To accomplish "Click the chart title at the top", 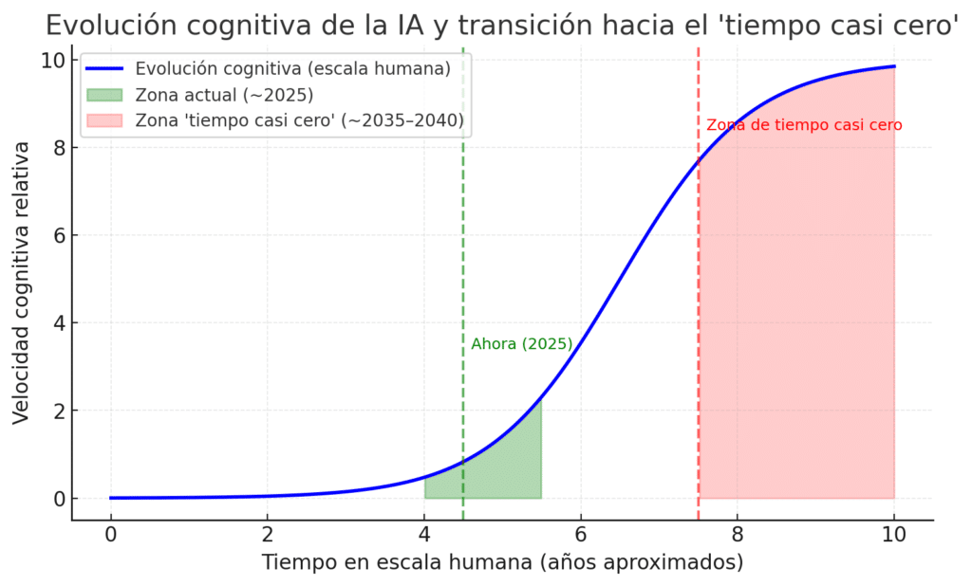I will coord(502,25).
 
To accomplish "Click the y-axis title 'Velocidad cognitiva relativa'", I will coord(21,282).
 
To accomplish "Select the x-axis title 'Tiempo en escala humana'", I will coord(502,561).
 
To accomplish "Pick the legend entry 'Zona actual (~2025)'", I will coord(224,94).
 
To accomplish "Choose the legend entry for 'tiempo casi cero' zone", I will coord(299,120).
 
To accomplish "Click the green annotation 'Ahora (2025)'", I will coord(522,344).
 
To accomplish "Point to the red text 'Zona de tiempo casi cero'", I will coord(804,125).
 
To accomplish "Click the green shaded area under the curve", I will coord(503,469).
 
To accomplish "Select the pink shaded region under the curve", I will coord(807,332).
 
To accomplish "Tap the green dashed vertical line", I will coord(463,237).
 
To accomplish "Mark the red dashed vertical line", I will coord(699,284).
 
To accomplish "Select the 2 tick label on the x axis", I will coord(268,533).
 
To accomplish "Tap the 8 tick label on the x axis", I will coord(738,533).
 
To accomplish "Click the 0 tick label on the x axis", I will coord(111,533).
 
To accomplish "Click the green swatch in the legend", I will coord(104,94).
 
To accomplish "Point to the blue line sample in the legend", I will coord(104,68).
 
